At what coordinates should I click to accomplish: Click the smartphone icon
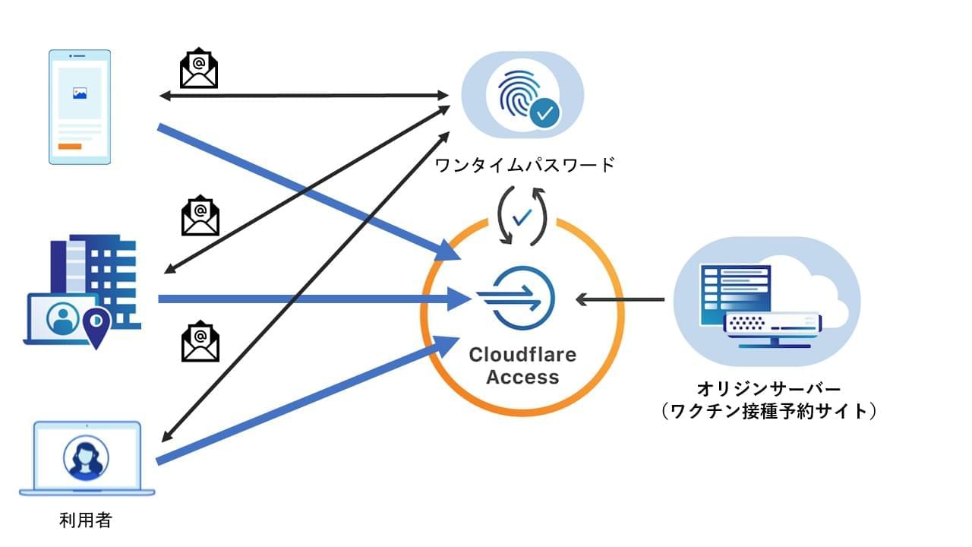coord(80,107)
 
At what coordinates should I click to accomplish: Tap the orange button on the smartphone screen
coord(70,146)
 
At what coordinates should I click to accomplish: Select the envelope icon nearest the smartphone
coord(199,71)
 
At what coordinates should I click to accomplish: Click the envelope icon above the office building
coord(200,217)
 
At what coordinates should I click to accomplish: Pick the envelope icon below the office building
coord(200,343)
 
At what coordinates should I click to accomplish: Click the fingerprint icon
coord(519,93)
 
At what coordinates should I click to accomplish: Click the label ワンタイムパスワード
coord(525,165)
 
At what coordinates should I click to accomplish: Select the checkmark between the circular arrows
coord(522,217)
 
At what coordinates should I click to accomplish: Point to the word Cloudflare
coord(522,355)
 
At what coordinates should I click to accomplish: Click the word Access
coord(522,377)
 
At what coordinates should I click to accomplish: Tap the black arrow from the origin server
coord(620,299)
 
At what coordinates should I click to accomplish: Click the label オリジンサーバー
coord(768,389)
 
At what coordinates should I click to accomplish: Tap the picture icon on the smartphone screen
coord(79,93)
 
